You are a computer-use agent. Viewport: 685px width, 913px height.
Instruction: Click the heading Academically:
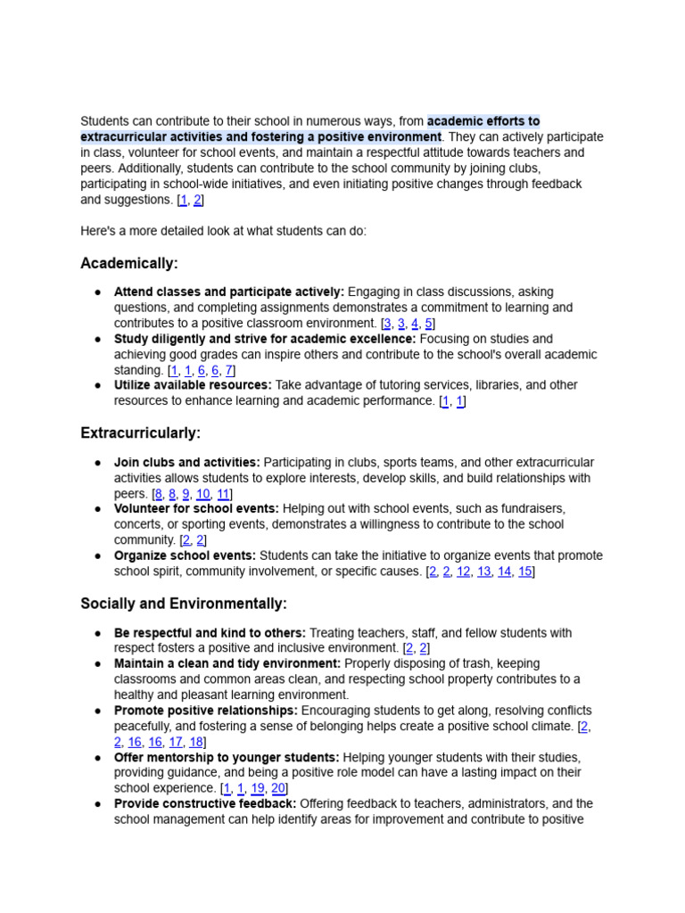click(129, 263)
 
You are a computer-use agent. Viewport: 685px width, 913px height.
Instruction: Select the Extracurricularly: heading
click(140, 433)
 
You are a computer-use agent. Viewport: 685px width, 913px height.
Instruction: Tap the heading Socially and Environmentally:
click(184, 604)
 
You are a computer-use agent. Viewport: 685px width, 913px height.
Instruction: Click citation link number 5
click(428, 324)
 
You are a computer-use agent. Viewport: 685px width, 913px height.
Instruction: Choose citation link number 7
click(228, 370)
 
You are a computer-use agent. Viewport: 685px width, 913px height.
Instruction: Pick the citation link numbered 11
click(223, 494)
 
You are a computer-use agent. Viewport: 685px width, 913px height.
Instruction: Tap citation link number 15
click(525, 572)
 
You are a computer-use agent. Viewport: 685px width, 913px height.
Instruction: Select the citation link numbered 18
click(196, 742)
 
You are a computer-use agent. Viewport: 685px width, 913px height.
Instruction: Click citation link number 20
click(278, 788)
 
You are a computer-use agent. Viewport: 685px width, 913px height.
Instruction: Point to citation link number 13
click(483, 572)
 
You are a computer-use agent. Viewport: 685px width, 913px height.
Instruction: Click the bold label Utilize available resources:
click(193, 385)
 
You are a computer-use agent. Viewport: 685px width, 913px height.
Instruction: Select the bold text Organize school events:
click(185, 555)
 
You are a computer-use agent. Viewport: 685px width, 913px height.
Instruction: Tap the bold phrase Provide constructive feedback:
click(204, 803)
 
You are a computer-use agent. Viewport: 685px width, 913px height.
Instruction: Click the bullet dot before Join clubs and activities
click(96, 463)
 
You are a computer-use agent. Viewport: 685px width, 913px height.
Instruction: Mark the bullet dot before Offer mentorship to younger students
click(96, 758)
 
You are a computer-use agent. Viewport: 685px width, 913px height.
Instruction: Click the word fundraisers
click(530, 508)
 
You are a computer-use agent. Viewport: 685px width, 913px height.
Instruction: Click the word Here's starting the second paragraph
click(99, 231)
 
